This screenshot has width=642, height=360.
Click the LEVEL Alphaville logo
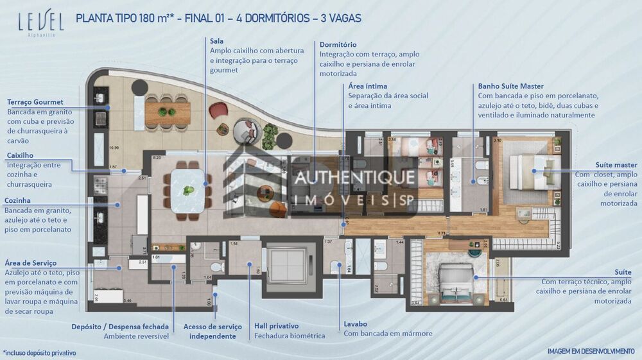pos(40,24)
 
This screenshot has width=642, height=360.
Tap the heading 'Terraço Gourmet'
pos(35,102)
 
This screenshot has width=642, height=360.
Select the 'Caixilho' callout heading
pos(20,155)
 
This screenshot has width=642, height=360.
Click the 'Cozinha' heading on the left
pos(18,200)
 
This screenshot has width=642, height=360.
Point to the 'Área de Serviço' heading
pos(31,262)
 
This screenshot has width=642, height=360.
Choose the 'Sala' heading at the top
pos(216,41)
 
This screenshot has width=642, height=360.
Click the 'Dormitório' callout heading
pos(338,45)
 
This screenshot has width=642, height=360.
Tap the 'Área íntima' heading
pos(367,86)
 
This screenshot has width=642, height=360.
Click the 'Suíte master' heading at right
pos(616,164)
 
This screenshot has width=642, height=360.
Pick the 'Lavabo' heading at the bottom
pos(356,323)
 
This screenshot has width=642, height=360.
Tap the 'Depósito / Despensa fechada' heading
pos(121,326)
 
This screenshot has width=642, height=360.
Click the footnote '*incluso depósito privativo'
pos(40,353)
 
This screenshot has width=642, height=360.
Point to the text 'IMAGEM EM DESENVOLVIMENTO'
pos(591,351)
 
